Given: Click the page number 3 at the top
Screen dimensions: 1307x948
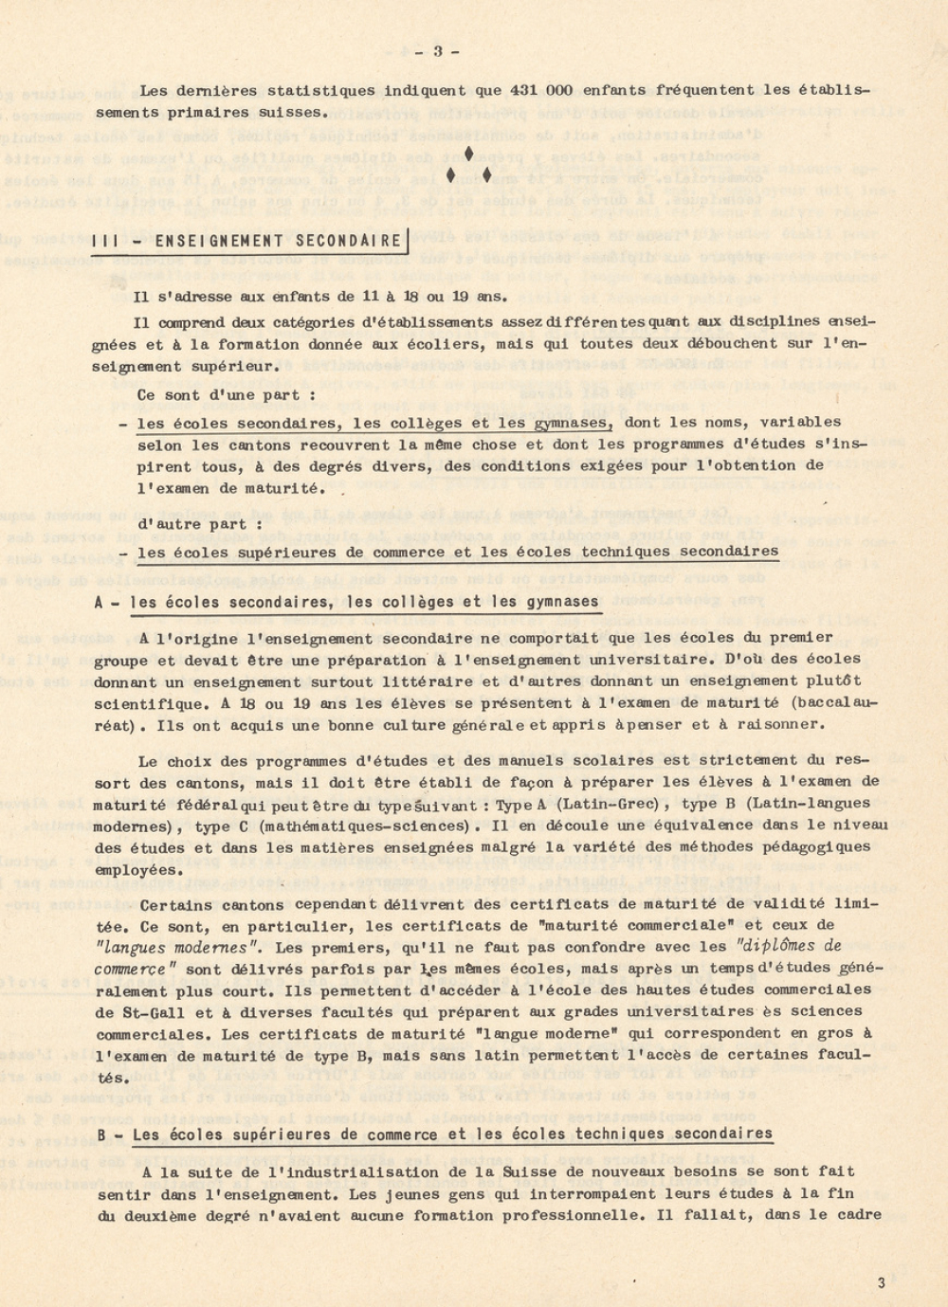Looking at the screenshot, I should click(x=438, y=52).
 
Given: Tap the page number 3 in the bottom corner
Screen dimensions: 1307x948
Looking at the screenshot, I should click(x=881, y=1283).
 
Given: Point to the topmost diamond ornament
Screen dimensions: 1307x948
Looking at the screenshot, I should click(x=469, y=154).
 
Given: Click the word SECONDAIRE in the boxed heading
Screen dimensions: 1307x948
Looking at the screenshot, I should click(x=349, y=242).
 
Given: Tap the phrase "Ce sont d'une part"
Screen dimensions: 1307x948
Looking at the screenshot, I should click(x=227, y=395).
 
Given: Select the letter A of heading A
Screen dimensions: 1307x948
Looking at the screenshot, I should click(x=100, y=602).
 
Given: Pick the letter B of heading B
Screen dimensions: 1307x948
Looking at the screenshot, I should click(x=100, y=1135).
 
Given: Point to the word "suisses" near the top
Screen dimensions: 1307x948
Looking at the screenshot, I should click(x=293, y=113).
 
